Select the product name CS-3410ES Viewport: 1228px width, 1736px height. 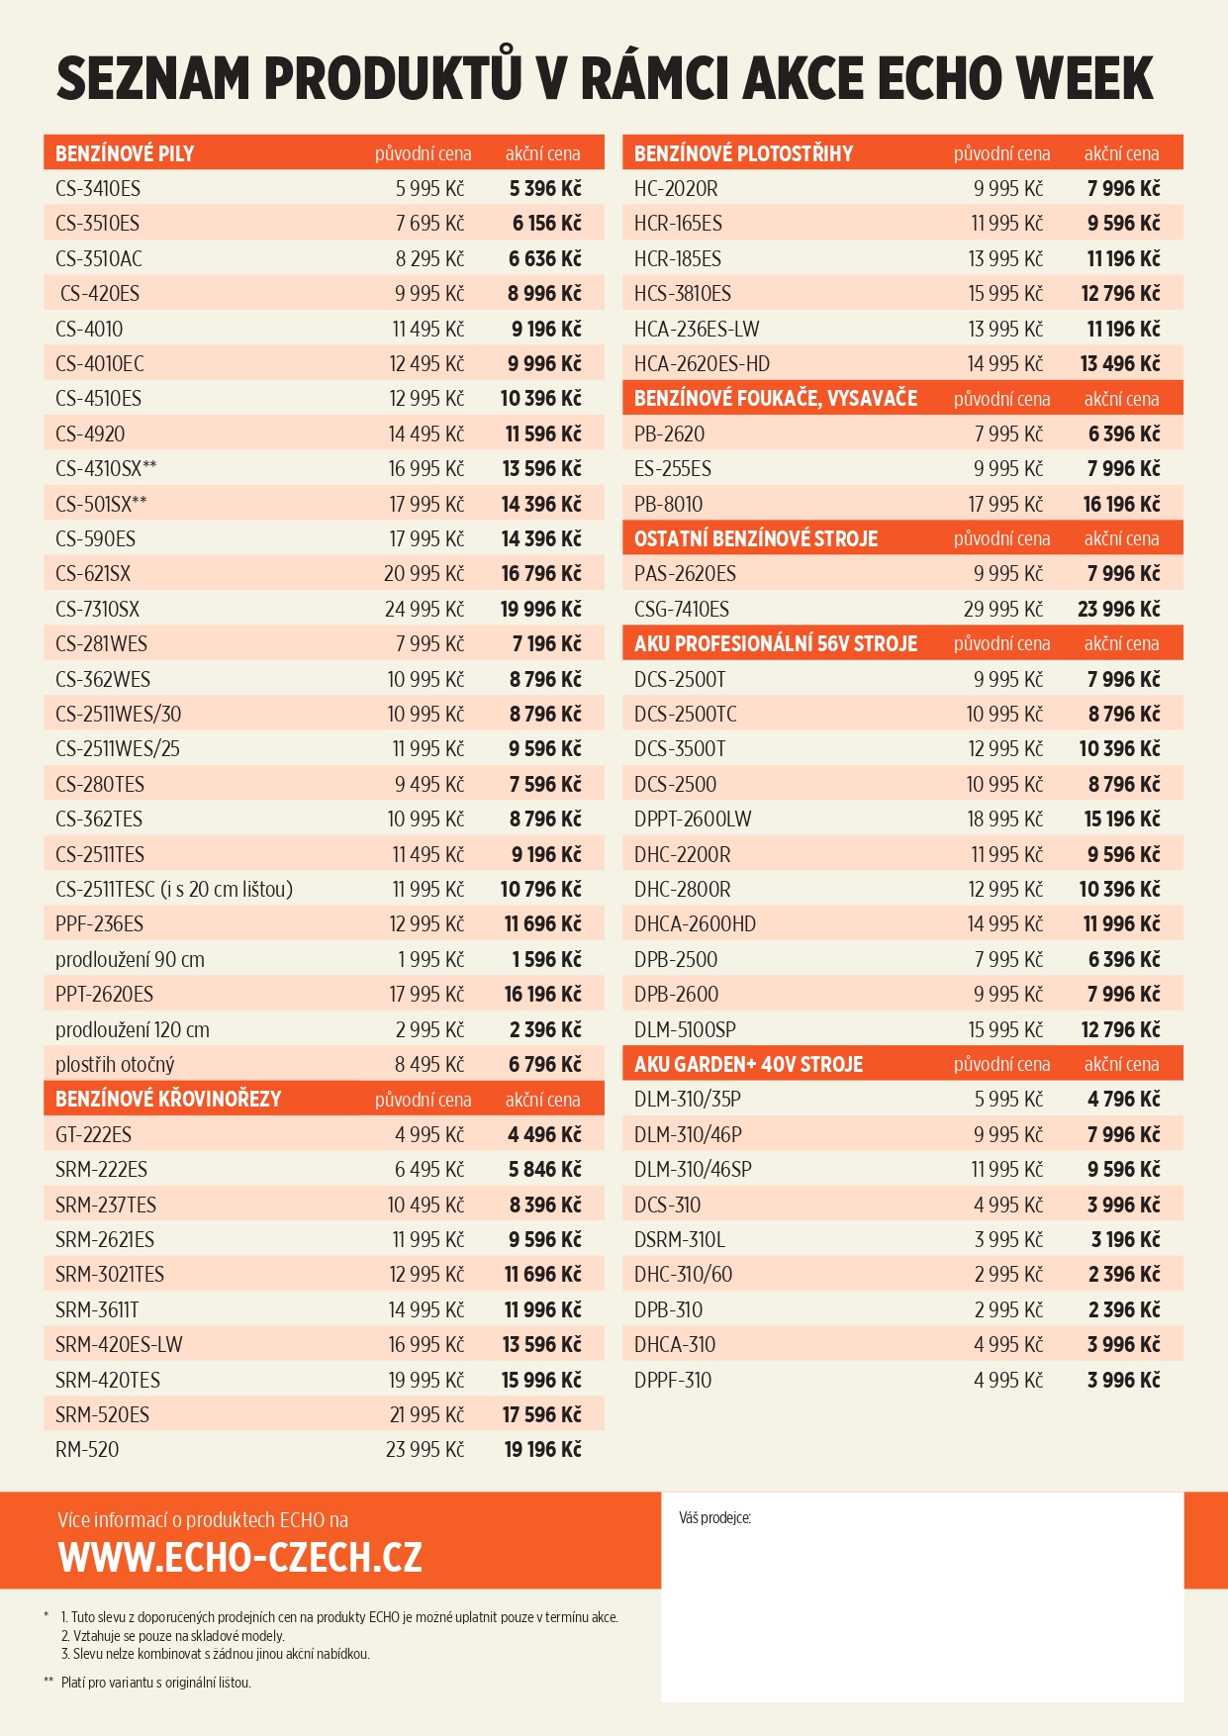point(98,189)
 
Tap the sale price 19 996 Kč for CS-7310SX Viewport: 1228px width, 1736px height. point(540,610)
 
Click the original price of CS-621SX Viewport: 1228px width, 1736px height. point(424,574)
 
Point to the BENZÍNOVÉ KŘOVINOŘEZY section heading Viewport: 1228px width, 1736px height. point(168,1100)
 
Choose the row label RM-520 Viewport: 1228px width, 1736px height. point(87,1450)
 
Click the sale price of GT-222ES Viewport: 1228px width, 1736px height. point(544,1135)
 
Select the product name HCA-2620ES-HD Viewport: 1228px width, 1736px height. point(702,364)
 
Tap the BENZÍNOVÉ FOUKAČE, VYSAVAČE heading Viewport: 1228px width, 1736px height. point(776,399)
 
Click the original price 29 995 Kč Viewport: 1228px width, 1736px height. point(1002,610)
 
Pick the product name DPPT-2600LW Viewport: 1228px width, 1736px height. point(693,820)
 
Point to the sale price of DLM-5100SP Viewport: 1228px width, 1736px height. point(1120,1030)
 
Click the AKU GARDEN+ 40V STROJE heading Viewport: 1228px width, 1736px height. point(748,1065)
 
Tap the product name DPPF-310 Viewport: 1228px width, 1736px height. point(673,1381)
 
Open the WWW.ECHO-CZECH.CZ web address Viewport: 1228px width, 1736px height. point(240,1558)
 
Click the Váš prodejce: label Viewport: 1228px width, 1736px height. point(714,1518)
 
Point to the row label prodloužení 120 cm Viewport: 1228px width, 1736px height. point(133,1030)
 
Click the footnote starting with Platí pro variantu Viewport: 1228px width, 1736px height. point(155,1683)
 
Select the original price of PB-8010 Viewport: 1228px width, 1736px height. point(1004,505)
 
